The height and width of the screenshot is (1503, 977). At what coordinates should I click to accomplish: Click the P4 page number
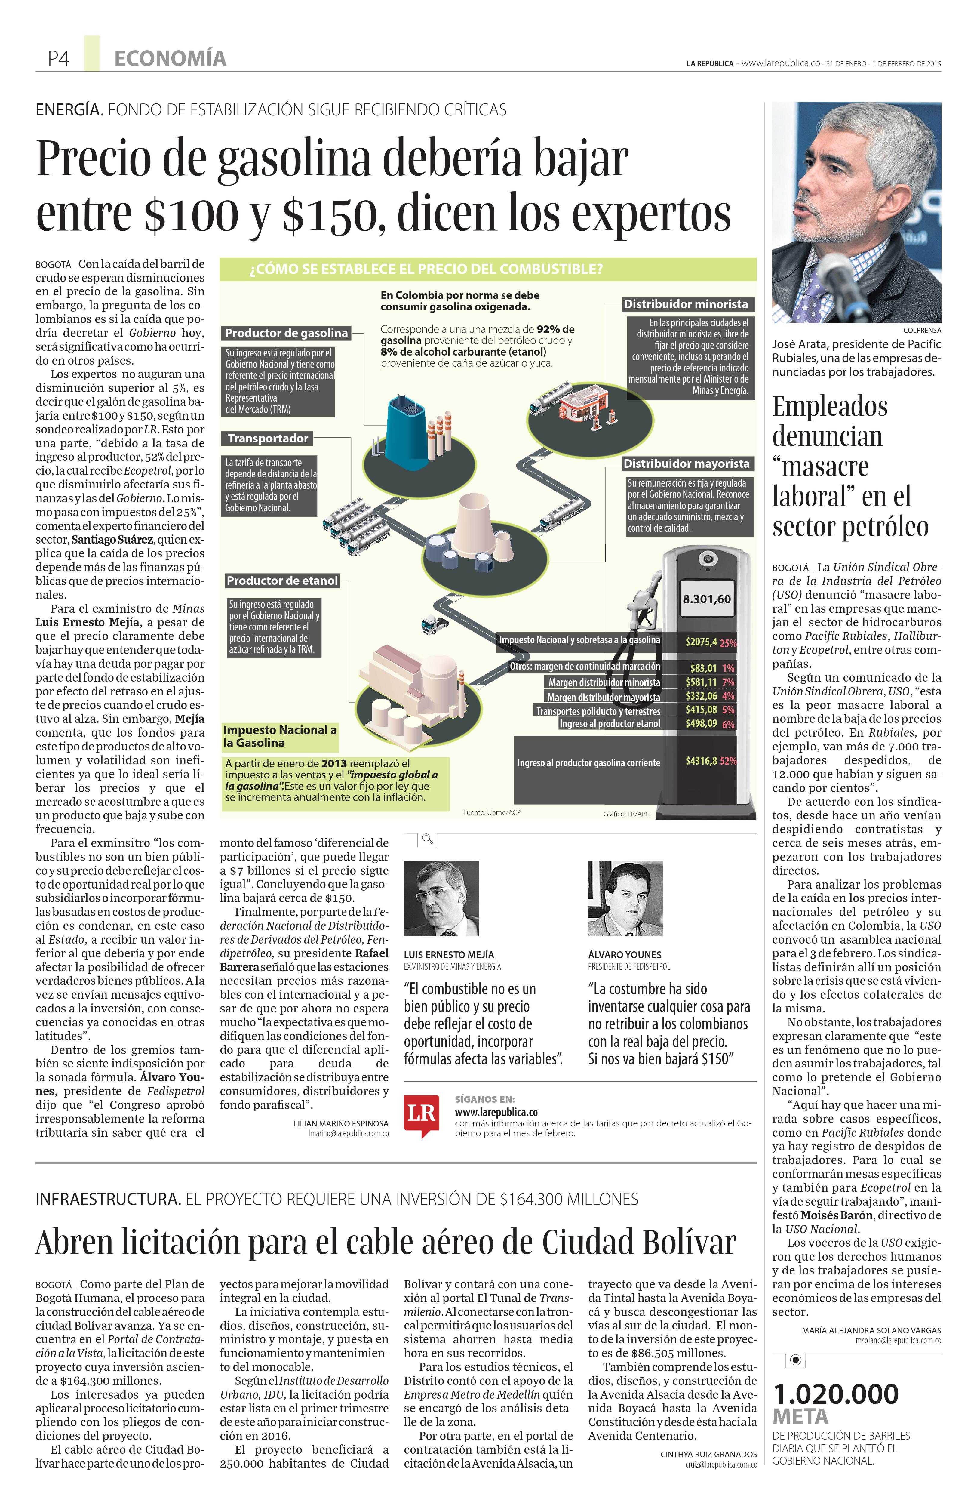[x=58, y=59]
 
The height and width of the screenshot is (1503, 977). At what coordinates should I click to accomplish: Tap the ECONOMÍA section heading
[x=170, y=59]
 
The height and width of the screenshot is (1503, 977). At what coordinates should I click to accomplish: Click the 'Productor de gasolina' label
[x=286, y=333]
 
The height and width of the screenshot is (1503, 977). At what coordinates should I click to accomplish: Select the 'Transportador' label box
[x=268, y=438]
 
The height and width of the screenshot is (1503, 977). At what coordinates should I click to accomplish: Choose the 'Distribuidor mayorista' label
[x=686, y=464]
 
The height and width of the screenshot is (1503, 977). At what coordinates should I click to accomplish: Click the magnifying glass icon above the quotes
[x=428, y=839]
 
